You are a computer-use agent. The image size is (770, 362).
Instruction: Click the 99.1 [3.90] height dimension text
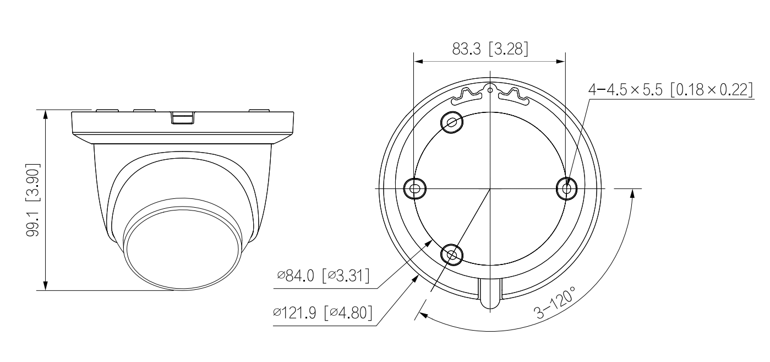tap(33, 200)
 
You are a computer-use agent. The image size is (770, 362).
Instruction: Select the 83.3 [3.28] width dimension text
tap(490, 49)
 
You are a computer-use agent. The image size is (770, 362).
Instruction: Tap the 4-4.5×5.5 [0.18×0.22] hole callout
tap(670, 89)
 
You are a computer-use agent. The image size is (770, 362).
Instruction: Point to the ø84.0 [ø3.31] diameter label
tap(324, 275)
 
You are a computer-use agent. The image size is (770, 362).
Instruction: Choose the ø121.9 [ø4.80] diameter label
tap(323, 312)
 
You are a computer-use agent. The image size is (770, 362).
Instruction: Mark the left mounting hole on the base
tap(415, 188)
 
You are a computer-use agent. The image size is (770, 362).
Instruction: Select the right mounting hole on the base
tap(567, 188)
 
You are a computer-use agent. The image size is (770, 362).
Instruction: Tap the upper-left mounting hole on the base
tap(452, 122)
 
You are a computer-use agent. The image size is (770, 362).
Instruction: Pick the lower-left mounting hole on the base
tap(452, 255)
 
